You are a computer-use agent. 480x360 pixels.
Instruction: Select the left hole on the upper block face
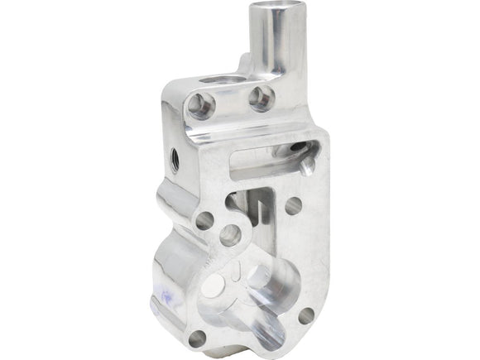[201, 105]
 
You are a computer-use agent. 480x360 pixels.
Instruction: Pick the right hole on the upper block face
[262, 98]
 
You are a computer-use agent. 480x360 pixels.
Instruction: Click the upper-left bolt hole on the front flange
[204, 221]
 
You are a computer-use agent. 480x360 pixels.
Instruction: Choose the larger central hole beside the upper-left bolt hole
[230, 235]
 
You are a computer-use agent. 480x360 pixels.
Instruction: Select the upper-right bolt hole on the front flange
[293, 205]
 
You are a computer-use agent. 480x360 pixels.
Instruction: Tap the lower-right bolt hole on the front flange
[305, 315]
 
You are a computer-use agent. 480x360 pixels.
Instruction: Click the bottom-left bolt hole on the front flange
[197, 338]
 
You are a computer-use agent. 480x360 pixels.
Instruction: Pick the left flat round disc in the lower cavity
[214, 286]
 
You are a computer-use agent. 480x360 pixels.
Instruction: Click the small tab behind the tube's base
[245, 61]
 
